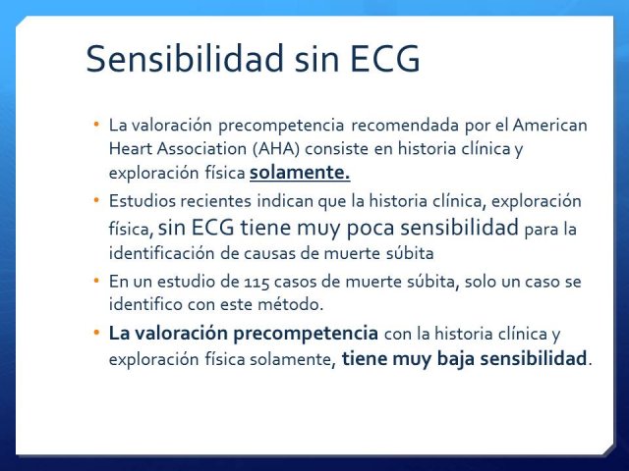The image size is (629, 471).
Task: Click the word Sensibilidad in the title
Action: click(x=186, y=59)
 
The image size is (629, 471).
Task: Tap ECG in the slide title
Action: click(x=385, y=59)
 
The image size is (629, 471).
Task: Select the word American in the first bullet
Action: click(x=550, y=125)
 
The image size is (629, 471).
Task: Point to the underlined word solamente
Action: click(x=300, y=173)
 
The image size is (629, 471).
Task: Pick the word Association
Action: click(x=201, y=148)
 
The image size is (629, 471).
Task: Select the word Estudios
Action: click(x=142, y=200)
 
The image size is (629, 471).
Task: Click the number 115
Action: click(x=257, y=282)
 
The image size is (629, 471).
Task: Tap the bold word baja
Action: click(x=455, y=357)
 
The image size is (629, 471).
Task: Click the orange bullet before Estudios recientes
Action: click(x=96, y=199)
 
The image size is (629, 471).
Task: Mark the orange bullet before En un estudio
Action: click(x=96, y=281)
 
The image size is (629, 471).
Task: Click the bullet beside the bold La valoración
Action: click(x=96, y=333)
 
